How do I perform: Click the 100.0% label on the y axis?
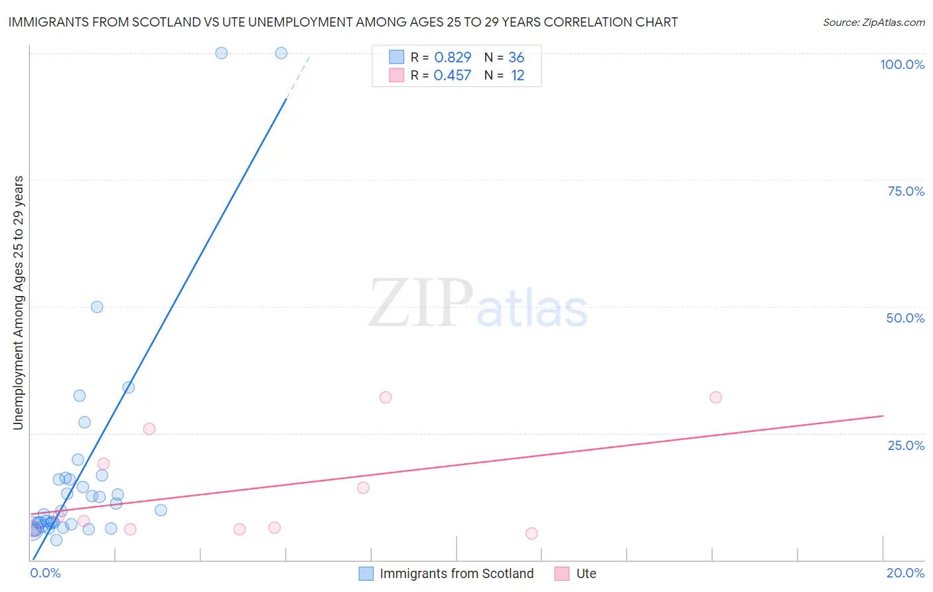click(x=902, y=64)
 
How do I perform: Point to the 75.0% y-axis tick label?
click(x=906, y=191)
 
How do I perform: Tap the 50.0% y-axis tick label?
click(x=905, y=318)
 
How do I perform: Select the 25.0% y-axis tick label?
click(x=906, y=445)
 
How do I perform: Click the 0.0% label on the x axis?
click(x=45, y=573)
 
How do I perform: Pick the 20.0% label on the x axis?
click(x=905, y=573)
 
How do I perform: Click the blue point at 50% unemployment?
click(x=97, y=307)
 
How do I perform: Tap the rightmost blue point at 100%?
click(x=281, y=53)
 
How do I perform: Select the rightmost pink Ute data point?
click(x=715, y=398)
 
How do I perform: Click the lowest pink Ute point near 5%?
click(x=532, y=533)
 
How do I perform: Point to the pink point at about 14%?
click(x=363, y=488)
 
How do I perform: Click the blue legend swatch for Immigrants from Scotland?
click(x=366, y=573)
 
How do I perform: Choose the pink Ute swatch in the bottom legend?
click(x=562, y=573)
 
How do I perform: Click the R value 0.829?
click(x=453, y=58)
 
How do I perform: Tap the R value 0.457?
click(x=453, y=76)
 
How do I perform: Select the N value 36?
click(x=516, y=58)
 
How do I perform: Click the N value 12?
click(x=518, y=76)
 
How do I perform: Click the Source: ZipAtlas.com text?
click(x=873, y=23)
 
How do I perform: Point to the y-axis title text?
click(x=19, y=303)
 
